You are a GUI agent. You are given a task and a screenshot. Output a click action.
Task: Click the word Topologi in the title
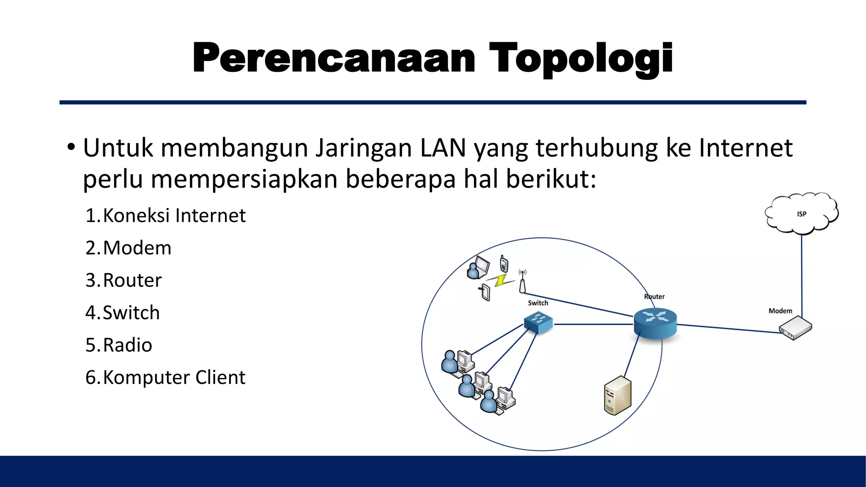click(580, 59)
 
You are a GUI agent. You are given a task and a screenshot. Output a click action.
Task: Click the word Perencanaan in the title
click(334, 59)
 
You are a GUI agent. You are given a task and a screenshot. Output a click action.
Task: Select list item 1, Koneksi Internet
click(165, 216)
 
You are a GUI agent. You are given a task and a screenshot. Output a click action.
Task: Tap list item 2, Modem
click(129, 248)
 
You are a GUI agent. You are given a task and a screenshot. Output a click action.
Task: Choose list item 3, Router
click(123, 281)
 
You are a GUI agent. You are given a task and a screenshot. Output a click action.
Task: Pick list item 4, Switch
click(123, 313)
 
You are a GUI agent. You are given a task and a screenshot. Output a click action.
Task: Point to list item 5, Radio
click(119, 345)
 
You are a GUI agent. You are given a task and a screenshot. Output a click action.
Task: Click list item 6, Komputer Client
click(165, 378)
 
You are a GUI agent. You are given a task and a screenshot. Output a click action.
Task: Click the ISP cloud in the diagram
click(801, 214)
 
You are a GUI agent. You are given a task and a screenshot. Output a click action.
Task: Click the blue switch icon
click(538, 323)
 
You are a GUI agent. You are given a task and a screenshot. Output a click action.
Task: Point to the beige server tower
click(617, 396)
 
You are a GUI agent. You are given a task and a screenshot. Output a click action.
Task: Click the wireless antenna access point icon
click(523, 282)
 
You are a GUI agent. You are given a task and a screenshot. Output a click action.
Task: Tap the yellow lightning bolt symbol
click(500, 280)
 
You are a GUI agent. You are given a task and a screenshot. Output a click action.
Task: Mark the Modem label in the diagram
click(780, 311)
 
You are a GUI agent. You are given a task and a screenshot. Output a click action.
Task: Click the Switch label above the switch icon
click(538, 303)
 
